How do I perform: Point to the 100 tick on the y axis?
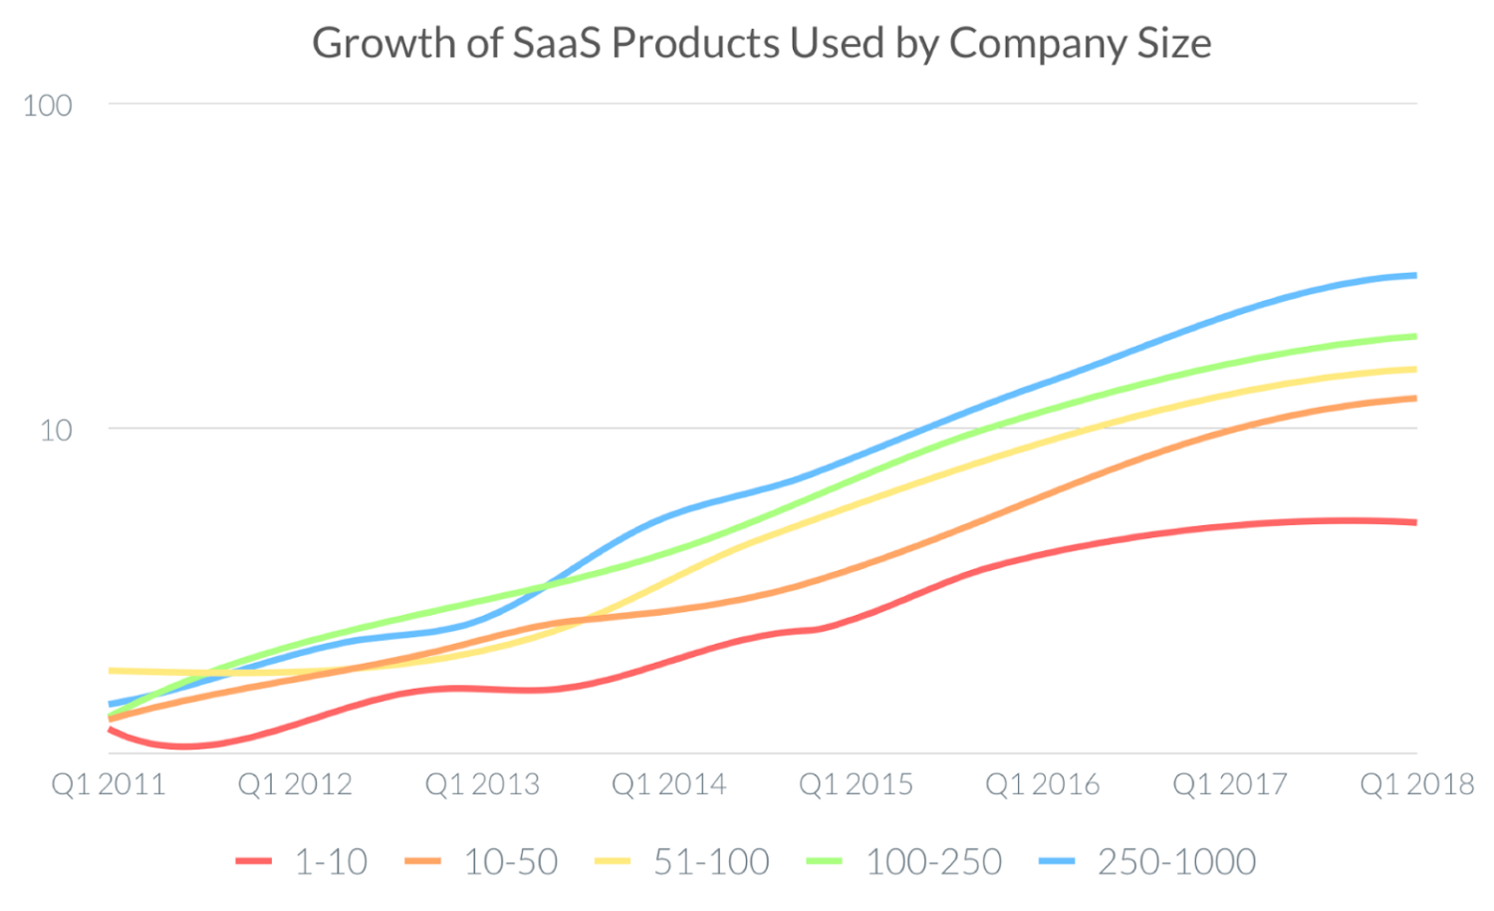48,105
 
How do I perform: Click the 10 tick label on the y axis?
56,430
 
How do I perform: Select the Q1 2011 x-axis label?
109,784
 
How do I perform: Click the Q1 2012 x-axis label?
295,784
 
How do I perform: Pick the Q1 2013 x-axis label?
482,784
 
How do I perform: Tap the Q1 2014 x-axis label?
668,784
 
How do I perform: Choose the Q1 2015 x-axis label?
856,784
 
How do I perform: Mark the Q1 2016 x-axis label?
1043,784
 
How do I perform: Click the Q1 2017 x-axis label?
1229,784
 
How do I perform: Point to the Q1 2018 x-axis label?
1416,784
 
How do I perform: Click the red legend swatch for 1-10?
253,861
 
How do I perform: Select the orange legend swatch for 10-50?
423,861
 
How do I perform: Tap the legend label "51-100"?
711,861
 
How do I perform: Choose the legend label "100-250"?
933,861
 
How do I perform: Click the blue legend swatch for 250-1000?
1057,861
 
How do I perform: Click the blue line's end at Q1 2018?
1414,276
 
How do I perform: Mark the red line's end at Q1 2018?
1414,522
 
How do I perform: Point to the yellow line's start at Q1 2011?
111,671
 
